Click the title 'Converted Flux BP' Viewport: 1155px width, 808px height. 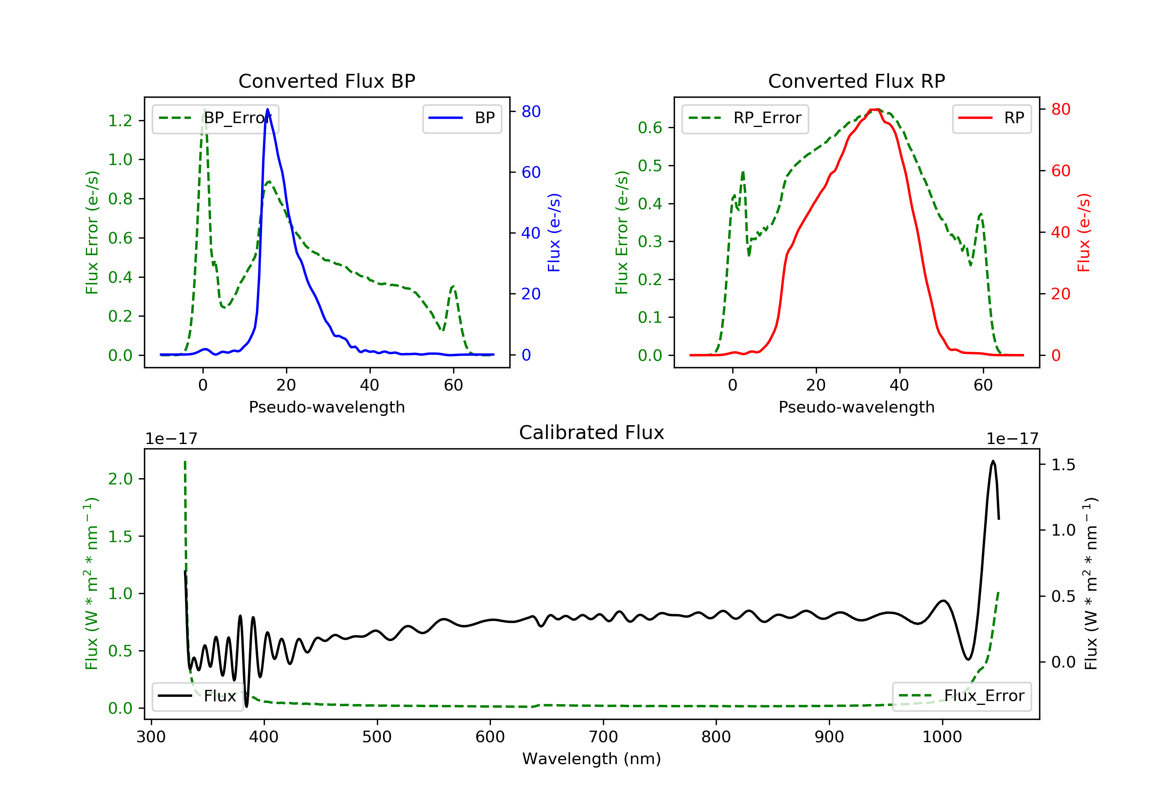pos(326,81)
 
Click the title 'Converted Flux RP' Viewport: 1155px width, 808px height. pos(856,81)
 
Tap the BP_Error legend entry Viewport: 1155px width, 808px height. pos(215,118)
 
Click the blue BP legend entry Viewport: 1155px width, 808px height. pos(462,118)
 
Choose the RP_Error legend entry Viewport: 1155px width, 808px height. pos(745,118)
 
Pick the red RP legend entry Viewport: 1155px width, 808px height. pos(991,118)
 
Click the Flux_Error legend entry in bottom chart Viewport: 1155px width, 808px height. pos(961,696)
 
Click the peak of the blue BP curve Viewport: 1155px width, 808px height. pos(267,109)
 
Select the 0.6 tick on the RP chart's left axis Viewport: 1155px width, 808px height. pos(650,128)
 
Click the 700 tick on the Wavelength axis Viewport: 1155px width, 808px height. pos(603,737)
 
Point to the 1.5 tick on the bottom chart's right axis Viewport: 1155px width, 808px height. pos(1063,464)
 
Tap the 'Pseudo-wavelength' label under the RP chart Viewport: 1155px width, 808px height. pos(856,407)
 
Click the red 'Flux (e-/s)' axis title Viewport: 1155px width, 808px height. pos(1083,232)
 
